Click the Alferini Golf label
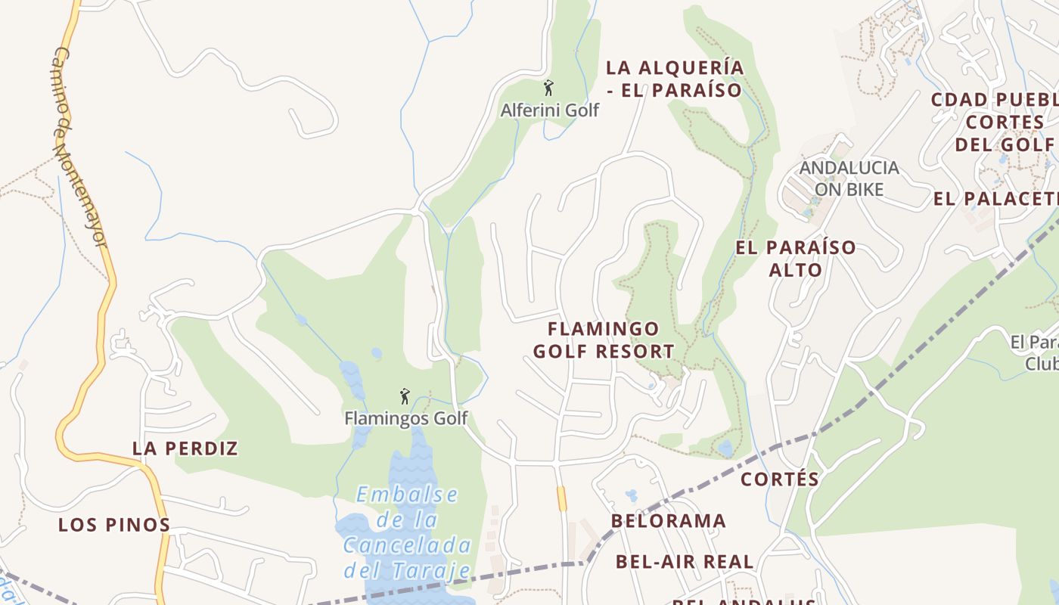[x=549, y=110]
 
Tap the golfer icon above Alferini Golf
[x=548, y=88]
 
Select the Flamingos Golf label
[x=406, y=418]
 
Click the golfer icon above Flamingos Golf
[x=405, y=396]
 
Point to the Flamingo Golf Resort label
[x=604, y=340]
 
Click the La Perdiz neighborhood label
[x=185, y=448]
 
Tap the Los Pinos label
[x=114, y=525]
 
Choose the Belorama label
[x=669, y=521]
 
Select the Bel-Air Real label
[x=685, y=562]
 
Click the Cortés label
[x=780, y=479]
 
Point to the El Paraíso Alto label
[x=796, y=259]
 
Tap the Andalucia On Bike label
[x=849, y=178]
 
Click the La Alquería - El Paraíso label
[x=675, y=79]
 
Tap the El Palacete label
[x=995, y=199]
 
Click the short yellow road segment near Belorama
[x=561, y=498]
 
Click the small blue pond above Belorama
[x=631, y=495]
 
